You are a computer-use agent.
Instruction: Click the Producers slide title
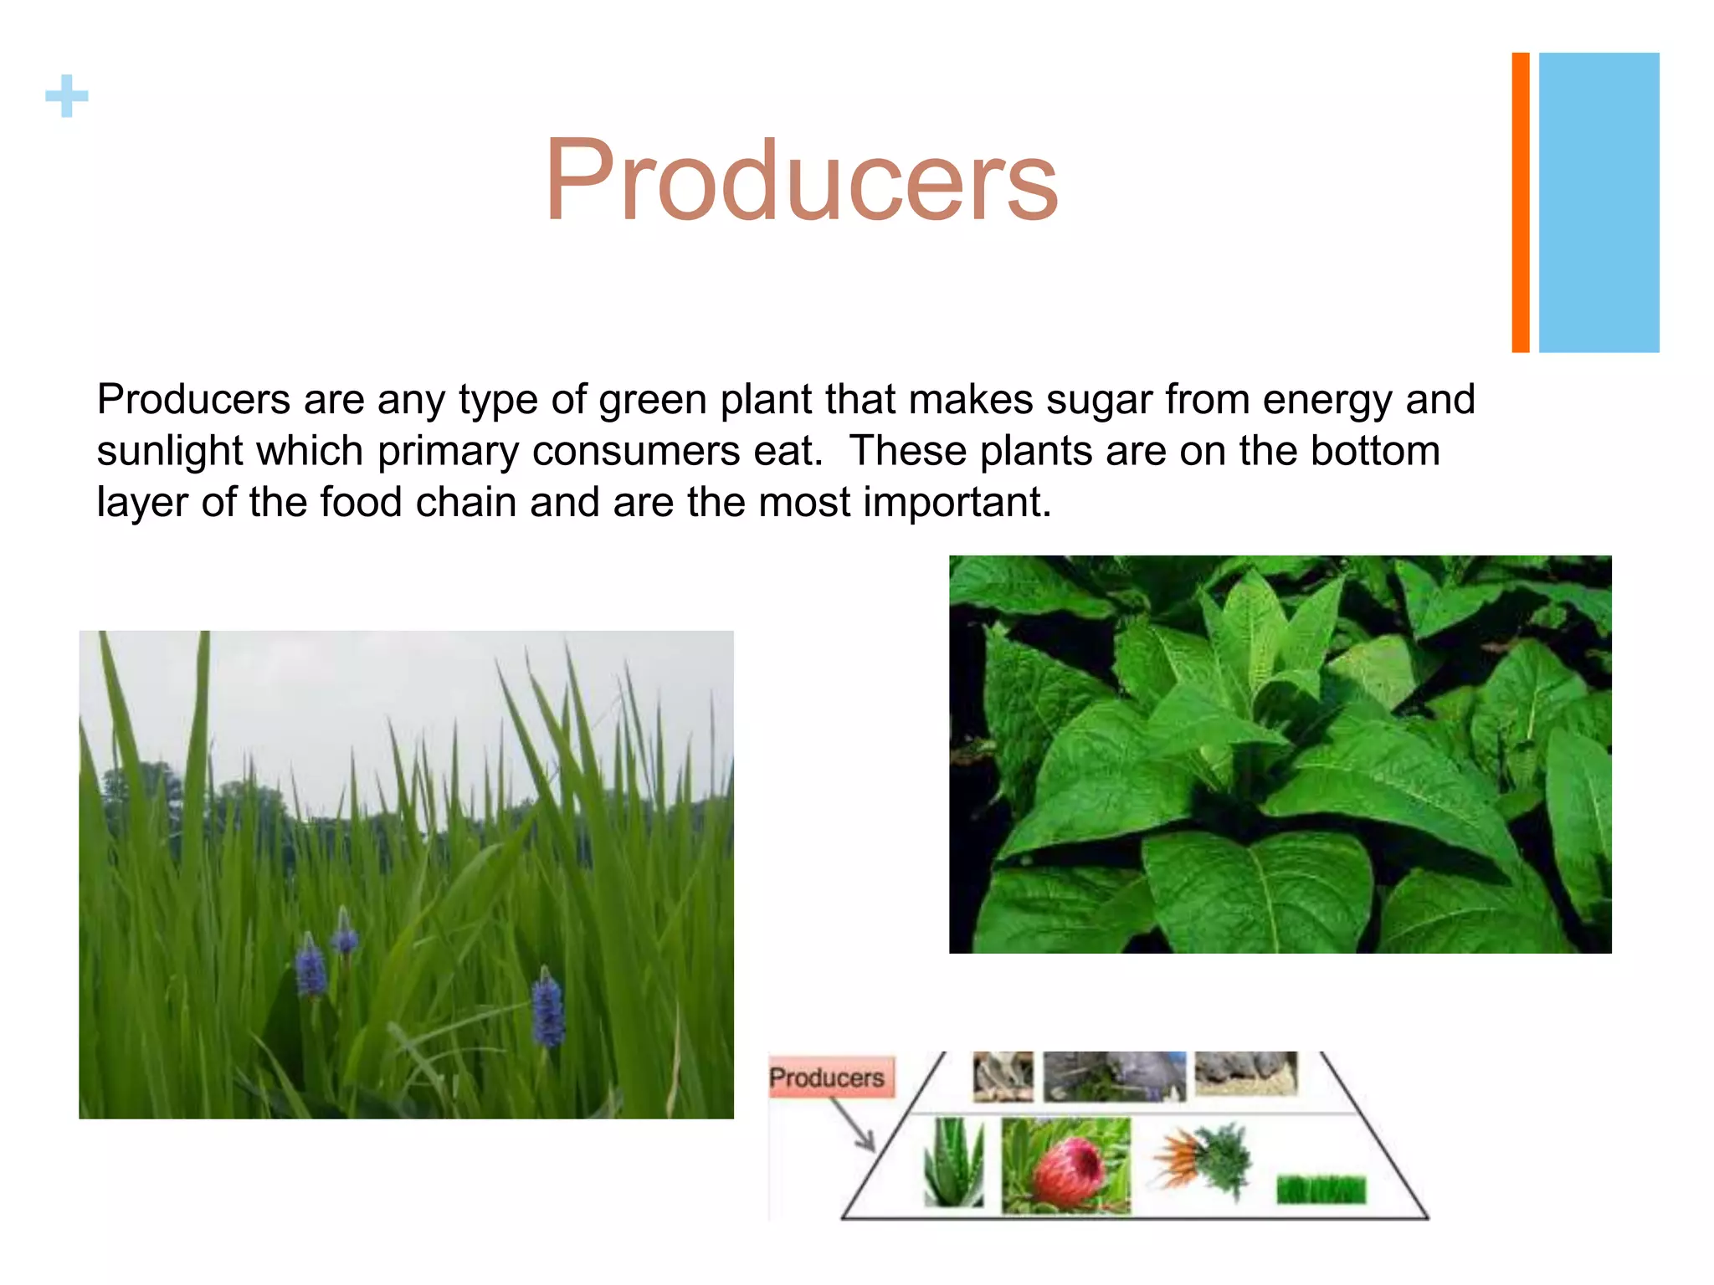coord(801,181)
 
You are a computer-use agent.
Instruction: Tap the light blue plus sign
coord(67,96)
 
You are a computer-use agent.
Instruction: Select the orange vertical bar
coord(1520,202)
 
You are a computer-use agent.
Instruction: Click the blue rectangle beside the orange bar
coord(1599,202)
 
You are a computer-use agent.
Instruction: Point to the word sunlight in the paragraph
coord(170,452)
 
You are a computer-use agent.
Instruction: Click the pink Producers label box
coord(829,1078)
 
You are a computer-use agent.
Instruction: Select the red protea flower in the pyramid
coord(1065,1166)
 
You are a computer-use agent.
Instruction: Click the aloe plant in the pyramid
coord(953,1164)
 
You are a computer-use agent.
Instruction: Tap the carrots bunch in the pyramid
coord(1201,1161)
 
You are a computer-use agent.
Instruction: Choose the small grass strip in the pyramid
coord(1321,1190)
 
